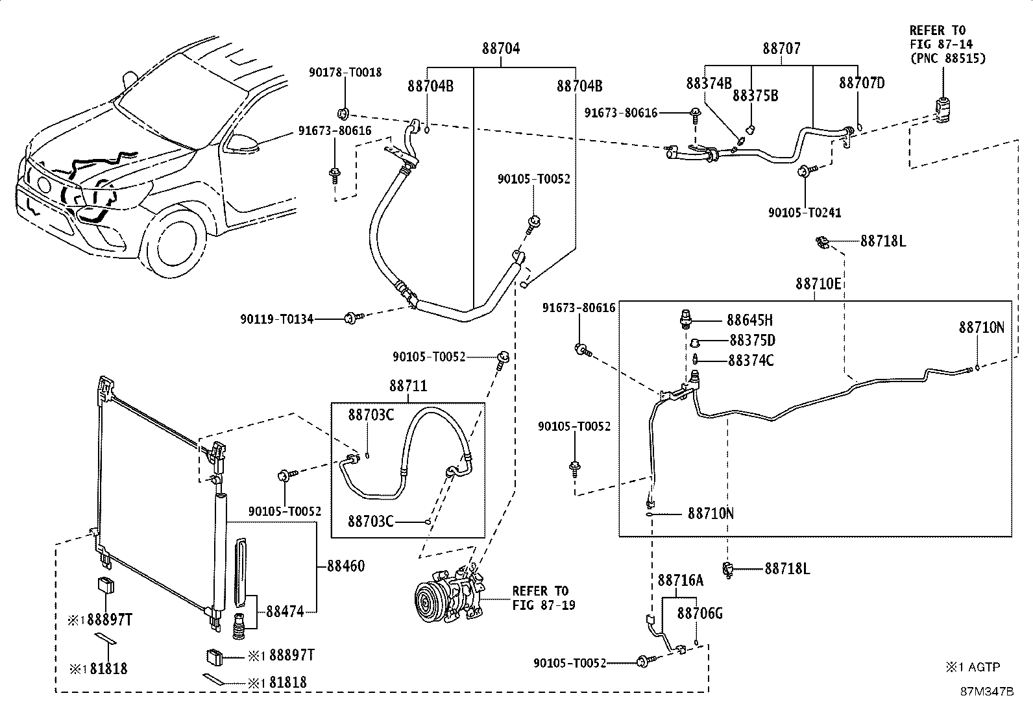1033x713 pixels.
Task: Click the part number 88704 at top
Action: coord(501,49)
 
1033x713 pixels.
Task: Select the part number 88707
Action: coord(781,49)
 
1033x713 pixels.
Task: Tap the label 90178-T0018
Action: coord(345,73)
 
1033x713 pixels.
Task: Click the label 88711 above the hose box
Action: coord(408,386)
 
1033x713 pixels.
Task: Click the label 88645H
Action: coord(749,320)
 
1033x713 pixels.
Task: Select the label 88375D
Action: coord(752,341)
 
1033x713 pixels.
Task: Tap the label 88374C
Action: coord(751,361)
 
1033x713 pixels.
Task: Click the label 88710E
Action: coord(818,284)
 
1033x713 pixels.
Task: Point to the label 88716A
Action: coord(680,580)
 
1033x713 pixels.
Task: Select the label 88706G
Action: coord(699,613)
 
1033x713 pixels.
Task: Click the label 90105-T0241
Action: coord(805,212)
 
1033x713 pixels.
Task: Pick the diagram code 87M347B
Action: coord(987,691)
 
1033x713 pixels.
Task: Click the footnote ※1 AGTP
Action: coord(973,666)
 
